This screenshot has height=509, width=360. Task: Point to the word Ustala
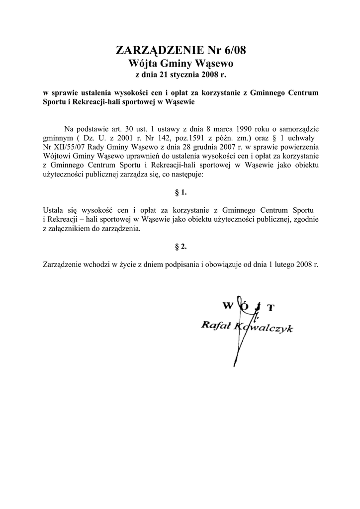pyautogui.click(x=54, y=210)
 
